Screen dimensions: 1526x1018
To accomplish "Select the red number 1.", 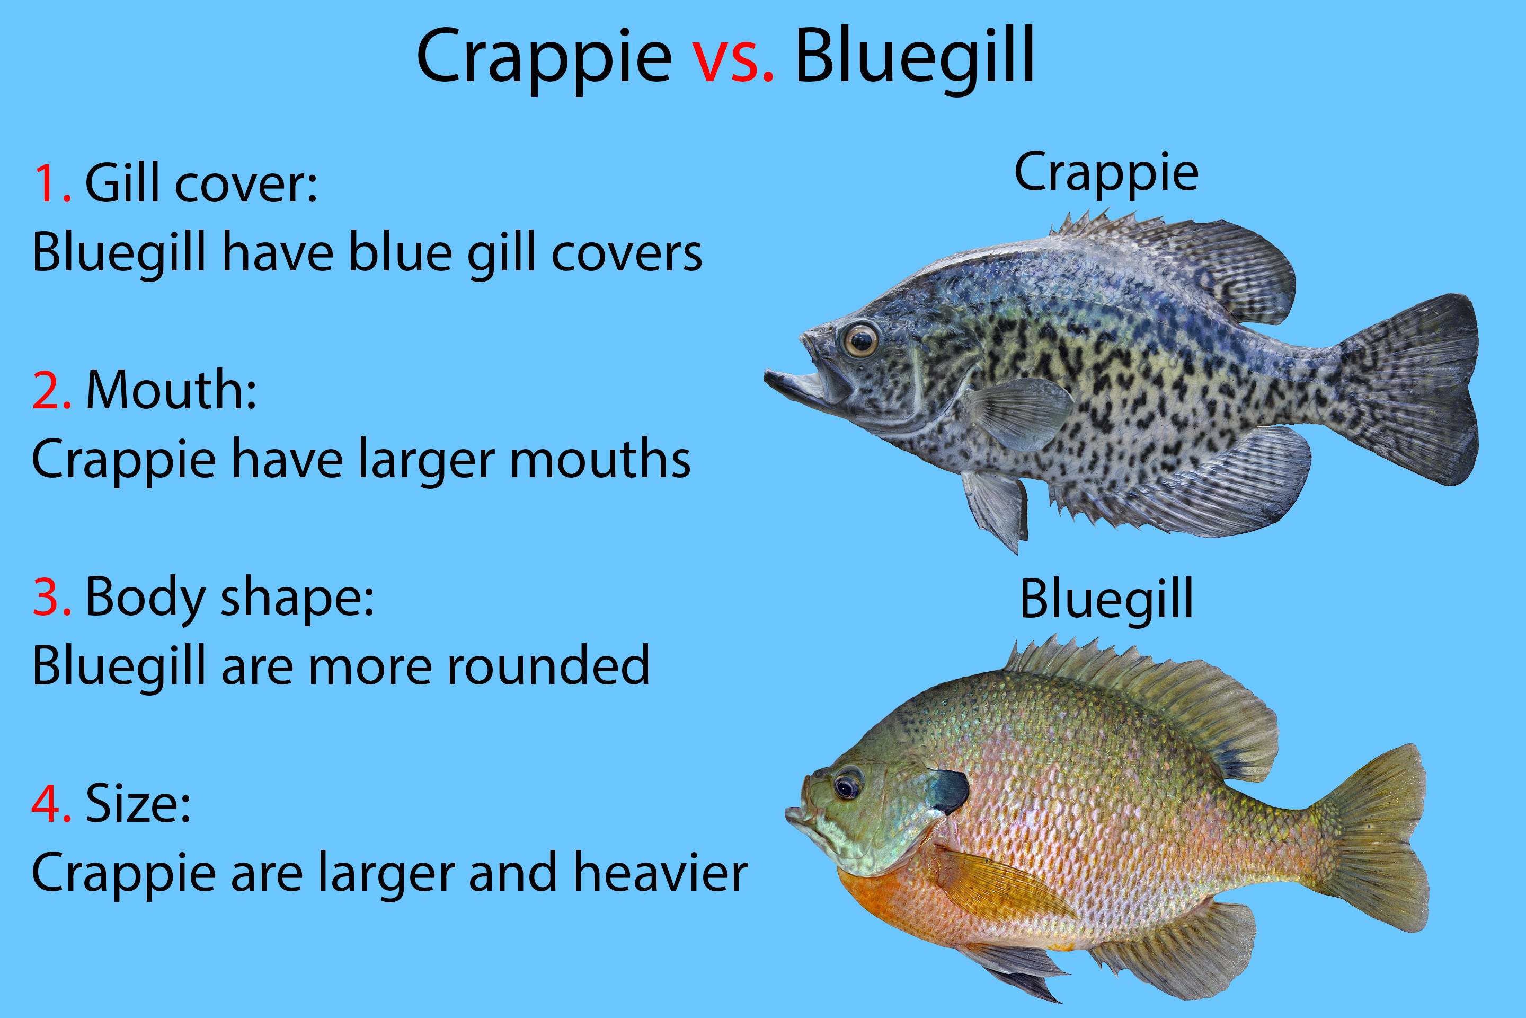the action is pos(52,185).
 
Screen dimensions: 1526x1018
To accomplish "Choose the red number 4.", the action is pos(52,803).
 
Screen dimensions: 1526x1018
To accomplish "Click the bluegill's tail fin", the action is pos(1369,838).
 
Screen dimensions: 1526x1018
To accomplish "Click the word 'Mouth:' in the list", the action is pos(171,391).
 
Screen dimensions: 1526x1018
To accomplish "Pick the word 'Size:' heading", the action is pos(138,804).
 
